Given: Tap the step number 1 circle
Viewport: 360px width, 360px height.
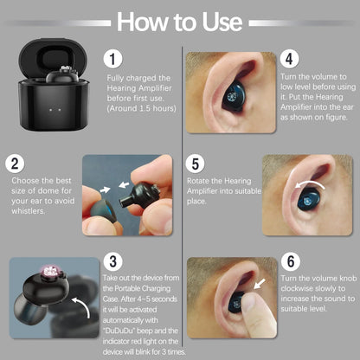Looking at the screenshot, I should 113,59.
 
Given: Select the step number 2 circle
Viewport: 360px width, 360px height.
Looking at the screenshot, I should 15,163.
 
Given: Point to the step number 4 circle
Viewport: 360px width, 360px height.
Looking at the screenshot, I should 290,60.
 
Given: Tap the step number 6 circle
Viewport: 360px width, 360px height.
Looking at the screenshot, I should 290,260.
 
